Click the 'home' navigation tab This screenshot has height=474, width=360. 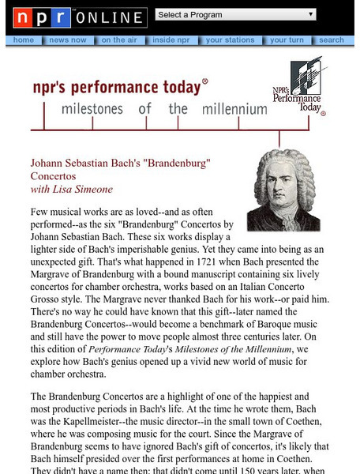tap(24, 39)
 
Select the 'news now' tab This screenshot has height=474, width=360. tap(67, 39)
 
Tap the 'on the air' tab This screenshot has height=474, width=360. tap(118, 39)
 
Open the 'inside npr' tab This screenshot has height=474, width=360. tap(171, 39)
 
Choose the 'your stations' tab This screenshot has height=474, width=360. tap(230, 39)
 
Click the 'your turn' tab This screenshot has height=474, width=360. tap(287, 39)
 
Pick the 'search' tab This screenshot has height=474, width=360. tap(332, 39)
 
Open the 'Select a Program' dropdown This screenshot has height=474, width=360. tap(236, 14)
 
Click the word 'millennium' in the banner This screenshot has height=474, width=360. tap(234, 109)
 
